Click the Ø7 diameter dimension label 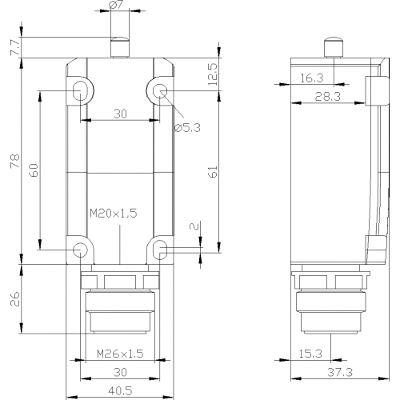click(x=115, y=6)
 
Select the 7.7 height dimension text click(x=15, y=48)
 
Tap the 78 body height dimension click(x=15, y=161)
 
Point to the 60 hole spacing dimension click(x=34, y=170)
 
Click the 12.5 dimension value click(x=213, y=74)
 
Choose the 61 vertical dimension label click(x=213, y=171)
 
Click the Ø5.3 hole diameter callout click(x=187, y=128)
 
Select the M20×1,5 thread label click(x=114, y=214)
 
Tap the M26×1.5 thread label click(x=120, y=354)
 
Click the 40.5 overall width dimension click(x=120, y=391)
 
